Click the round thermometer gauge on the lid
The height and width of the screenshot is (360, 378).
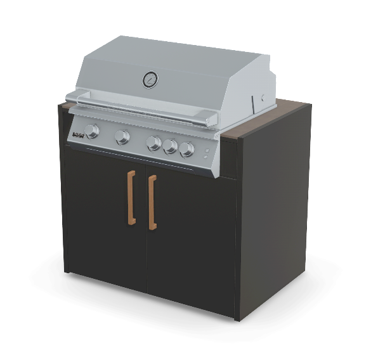point(150,79)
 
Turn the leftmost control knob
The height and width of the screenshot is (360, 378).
point(92,131)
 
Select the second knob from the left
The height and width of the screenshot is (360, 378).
point(122,136)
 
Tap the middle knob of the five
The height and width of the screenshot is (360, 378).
point(154,143)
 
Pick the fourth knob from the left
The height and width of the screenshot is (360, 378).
point(170,146)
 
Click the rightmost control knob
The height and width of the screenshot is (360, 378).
point(186,150)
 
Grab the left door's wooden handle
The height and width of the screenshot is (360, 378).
point(131,197)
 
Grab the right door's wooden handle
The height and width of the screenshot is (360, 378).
point(152,202)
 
